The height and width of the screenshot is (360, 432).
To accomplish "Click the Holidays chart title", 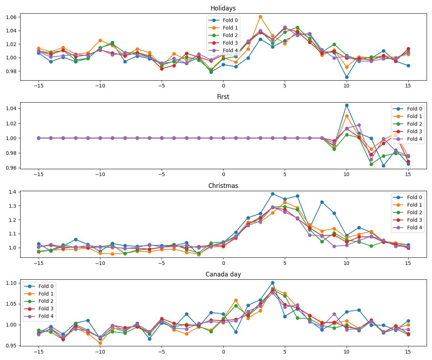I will tap(223, 8).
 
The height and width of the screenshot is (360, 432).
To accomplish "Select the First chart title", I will tap(223, 97).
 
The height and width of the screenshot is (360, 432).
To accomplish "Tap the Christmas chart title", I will tap(223, 186).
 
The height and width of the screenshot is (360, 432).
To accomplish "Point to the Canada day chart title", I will tap(223, 274).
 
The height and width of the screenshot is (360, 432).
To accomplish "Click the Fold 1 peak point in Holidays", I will tap(260, 17).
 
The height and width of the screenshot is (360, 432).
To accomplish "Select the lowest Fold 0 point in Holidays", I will tap(347, 77).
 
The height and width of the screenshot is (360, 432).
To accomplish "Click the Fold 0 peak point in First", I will tap(347, 105).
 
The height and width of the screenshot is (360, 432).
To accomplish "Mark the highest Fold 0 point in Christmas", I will tap(273, 194).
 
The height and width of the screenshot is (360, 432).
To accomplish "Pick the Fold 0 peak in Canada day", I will tap(273, 283).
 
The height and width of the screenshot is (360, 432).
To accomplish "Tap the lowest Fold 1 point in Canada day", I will tap(100, 343).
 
